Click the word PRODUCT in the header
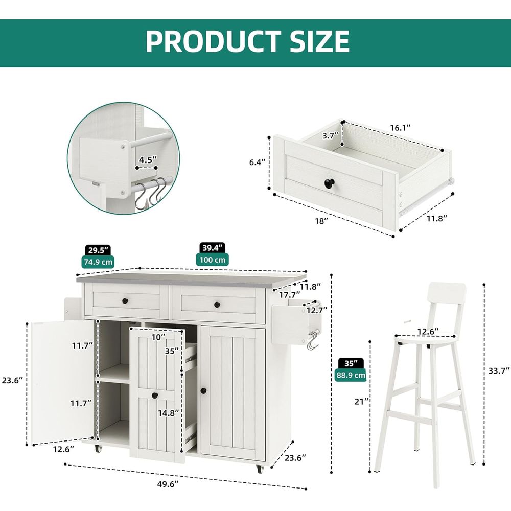coord(214,41)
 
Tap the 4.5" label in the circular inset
coord(148,159)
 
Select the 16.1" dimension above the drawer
coord(400,128)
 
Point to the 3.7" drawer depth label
coord(331,136)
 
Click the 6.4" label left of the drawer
coord(258,162)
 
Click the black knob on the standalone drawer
coord(330,183)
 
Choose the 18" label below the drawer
coord(321,221)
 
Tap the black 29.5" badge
coord(98,250)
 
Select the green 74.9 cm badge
coord(98,262)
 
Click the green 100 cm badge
coord(213,260)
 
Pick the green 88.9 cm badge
coord(351,375)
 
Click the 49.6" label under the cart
coord(168,484)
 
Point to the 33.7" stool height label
coord(499,370)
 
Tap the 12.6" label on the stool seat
coord(428,332)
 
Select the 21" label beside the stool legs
coord(361,402)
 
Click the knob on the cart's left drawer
coord(125,301)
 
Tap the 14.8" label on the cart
coord(169,413)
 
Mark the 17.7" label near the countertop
coord(290,295)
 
